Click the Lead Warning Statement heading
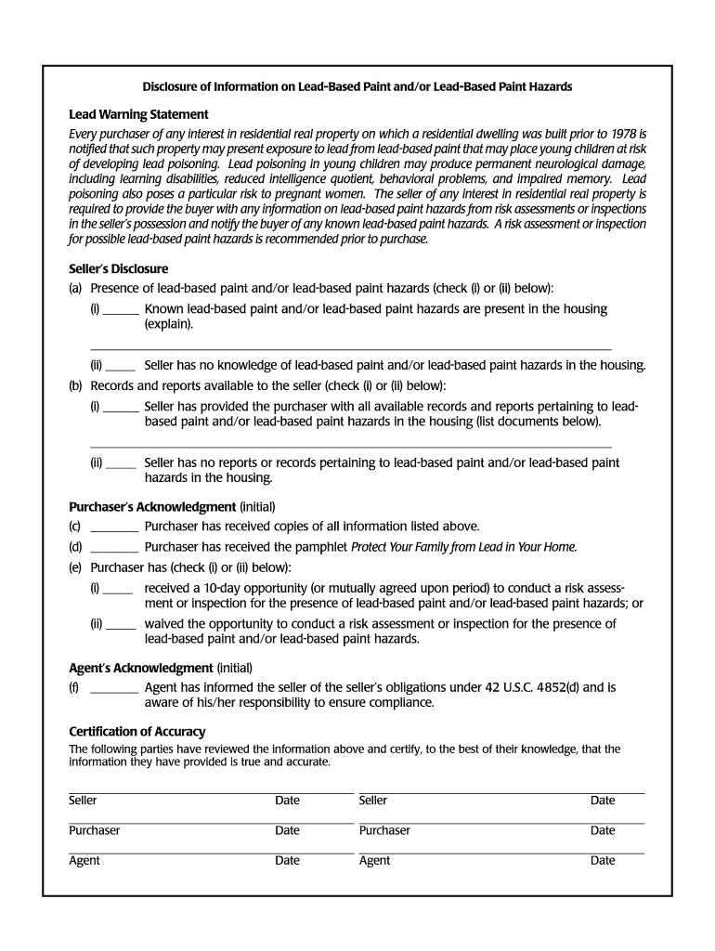point(138,114)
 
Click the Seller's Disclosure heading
point(119,269)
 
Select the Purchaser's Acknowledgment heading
point(152,507)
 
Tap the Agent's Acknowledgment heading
point(141,668)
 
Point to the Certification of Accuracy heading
point(137,732)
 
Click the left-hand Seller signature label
point(83,801)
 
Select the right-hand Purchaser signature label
point(384,830)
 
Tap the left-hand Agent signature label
point(84,861)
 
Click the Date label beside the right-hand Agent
point(603,861)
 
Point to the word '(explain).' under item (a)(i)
point(169,324)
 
